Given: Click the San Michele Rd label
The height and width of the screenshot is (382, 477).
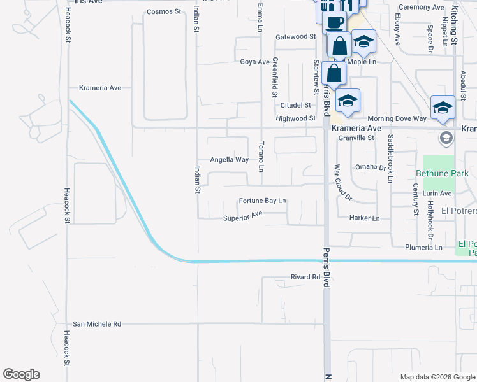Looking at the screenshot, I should [x=97, y=324].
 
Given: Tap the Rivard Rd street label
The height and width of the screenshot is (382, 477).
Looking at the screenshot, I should [x=305, y=277].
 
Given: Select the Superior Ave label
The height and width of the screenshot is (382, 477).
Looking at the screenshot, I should [x=243, y=218].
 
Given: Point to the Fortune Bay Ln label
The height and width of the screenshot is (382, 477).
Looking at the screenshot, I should [x=262, y=201].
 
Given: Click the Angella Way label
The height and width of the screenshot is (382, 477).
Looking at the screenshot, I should [x=230, y=160].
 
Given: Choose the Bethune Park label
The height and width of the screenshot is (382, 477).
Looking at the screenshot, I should [x=442, y=173].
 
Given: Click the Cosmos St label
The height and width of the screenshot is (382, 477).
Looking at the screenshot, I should [x=165, y=11].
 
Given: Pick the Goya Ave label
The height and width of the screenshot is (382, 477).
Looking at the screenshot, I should [x=254, y=62].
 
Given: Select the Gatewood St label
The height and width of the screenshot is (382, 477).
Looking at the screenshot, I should [x=295, y=37].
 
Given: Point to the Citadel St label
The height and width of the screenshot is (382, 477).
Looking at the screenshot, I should [x=295, y=105].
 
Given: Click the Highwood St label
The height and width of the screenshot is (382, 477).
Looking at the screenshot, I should [x=295, y=118].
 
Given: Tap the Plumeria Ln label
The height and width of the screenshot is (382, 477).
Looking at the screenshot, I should [x=423, y=247].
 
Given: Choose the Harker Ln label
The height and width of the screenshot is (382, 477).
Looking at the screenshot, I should [x=365, y=218].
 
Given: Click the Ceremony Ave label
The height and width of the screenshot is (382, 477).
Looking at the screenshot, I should [x=420, y=8].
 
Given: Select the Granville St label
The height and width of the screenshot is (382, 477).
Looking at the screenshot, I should [x=356, y=138].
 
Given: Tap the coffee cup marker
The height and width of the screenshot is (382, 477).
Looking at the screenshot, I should [x=335, y=22].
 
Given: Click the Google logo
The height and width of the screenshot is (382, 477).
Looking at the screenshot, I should [x=21, y=374].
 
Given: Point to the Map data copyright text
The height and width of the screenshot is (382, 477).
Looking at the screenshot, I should [x=437, y=377].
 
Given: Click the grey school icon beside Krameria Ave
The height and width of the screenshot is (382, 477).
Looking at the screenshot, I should [x=446, y=138].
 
